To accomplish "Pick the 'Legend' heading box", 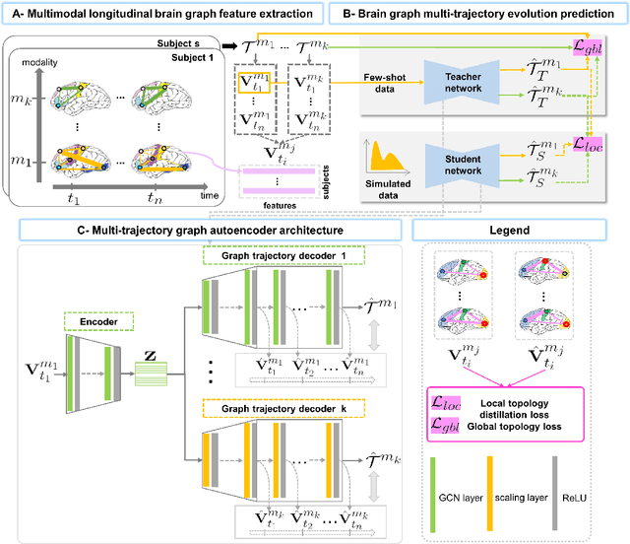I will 521,230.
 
